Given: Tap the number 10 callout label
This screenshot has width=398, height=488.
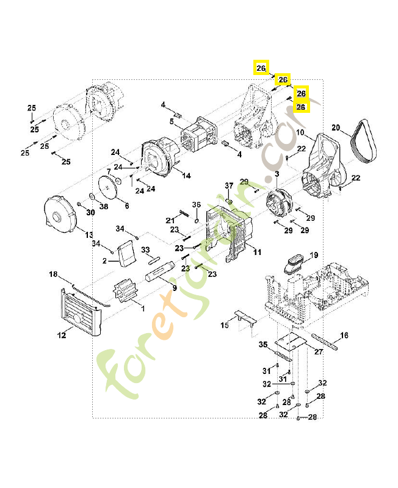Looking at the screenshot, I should coord(300,132).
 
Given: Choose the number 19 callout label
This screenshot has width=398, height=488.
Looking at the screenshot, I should coord(314,254).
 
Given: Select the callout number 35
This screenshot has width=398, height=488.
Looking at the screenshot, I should coord(263,345).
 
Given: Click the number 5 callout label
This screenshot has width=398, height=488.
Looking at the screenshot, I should coord(172,122).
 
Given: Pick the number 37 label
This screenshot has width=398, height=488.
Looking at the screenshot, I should coord(229,185).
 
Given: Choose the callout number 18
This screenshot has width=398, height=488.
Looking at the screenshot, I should coord(53,274).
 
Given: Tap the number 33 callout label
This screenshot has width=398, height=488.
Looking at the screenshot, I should coord(145,249).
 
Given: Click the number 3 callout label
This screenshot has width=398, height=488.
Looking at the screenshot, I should coord(277,174).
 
